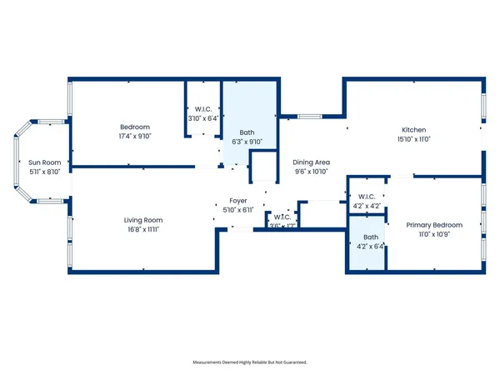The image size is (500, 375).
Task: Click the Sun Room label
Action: [46, 162]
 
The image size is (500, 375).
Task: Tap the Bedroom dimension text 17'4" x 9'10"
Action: [134, 136]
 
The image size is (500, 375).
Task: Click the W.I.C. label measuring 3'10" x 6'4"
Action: [202, 109]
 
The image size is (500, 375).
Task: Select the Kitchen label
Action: [414, 130]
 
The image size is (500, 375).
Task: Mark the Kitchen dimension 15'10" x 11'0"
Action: [414, 140]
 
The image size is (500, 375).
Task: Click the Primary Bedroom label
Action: [434, 225]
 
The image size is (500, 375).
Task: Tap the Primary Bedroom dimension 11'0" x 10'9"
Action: [434, 235]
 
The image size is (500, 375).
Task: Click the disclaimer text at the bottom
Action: [250, 362]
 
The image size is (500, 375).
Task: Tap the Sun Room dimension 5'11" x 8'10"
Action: [46, 172]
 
